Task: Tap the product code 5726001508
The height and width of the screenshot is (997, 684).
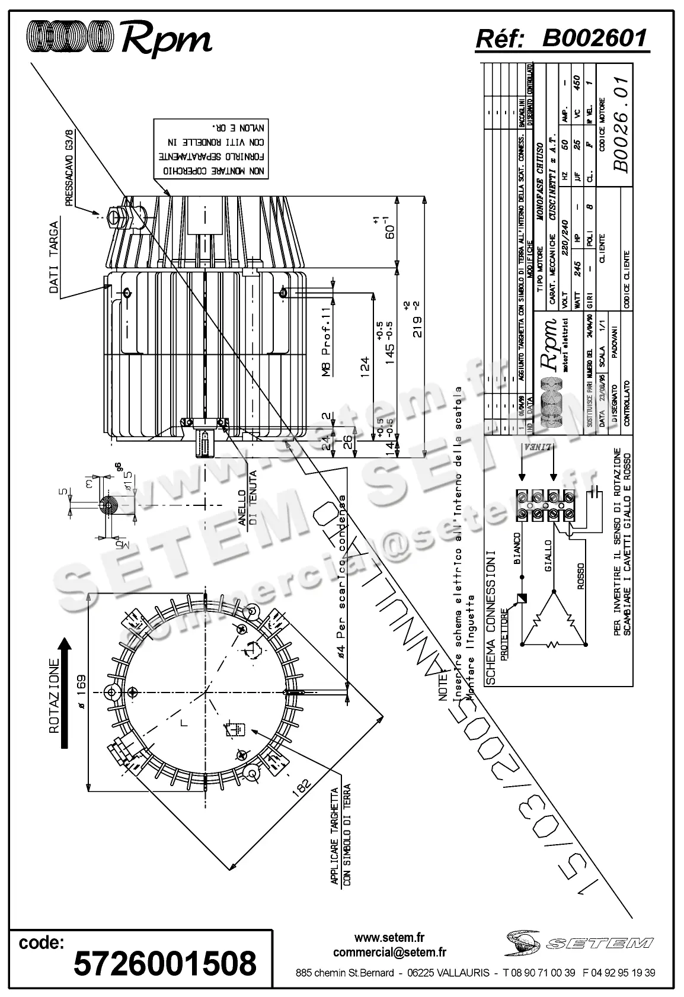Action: (165, 963)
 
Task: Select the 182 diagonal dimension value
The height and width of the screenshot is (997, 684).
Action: (302, 786)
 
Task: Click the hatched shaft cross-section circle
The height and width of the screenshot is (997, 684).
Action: (108, 505)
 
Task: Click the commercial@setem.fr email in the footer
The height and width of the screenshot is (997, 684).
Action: (389, 952)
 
